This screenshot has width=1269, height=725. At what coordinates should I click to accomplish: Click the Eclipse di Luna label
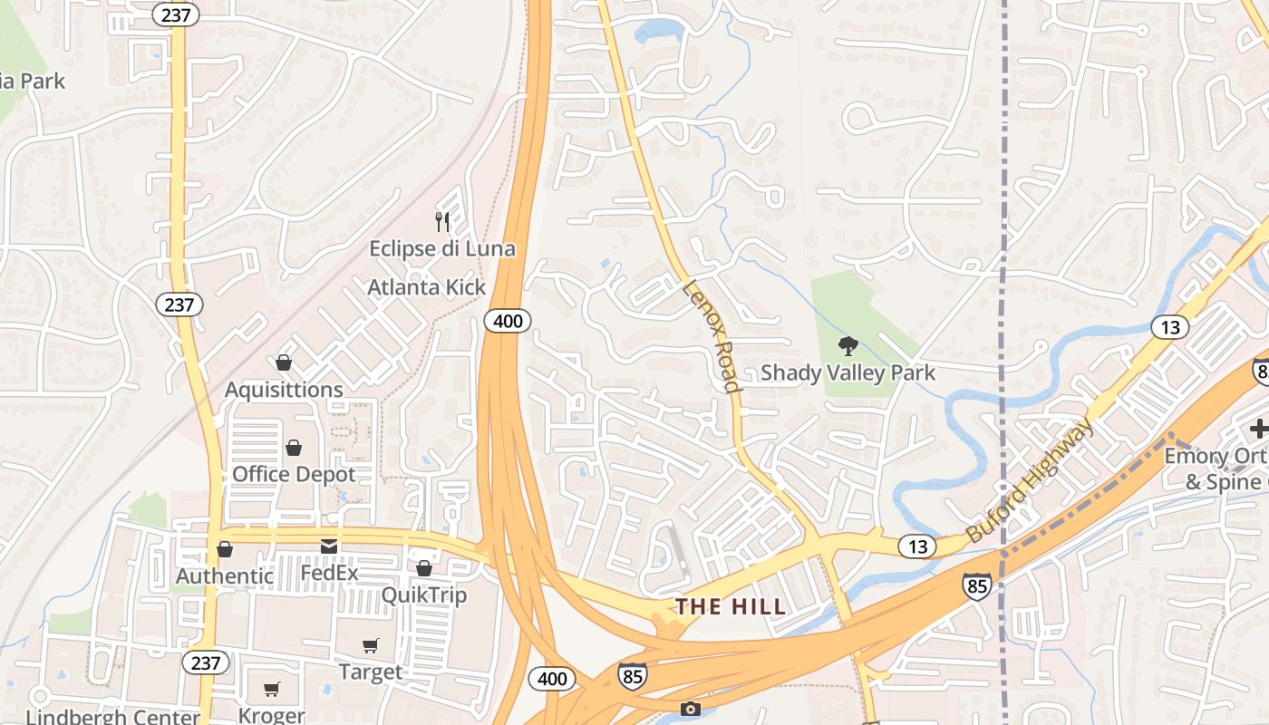(441, 248)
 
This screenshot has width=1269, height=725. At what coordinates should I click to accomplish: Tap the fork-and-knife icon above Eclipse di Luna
(442, 221)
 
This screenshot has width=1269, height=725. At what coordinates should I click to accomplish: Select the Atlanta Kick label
(426, 287)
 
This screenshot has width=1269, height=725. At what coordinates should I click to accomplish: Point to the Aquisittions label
(284, 390)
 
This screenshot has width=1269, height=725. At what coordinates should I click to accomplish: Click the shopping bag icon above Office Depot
(294, 448)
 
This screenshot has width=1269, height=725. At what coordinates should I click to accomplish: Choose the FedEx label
(329, 573)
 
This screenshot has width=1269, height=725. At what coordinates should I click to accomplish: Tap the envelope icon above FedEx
(328, 546)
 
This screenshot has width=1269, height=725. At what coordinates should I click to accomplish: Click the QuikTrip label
(423, 594)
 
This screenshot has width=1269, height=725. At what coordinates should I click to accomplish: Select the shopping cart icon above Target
(370, 646)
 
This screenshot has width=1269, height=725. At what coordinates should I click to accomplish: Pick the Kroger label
(271, 715)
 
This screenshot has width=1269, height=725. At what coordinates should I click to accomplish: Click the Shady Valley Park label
(848, 372)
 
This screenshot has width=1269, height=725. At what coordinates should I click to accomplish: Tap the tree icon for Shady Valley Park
(848, 345)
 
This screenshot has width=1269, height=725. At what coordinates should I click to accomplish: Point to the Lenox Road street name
(710, 335)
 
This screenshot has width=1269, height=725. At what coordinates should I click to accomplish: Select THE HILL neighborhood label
(731, 607)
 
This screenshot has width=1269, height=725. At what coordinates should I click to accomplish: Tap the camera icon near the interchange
(691, 709)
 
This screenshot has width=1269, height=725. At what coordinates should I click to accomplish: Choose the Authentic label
(224, 576)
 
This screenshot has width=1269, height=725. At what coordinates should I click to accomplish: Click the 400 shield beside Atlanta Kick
(507, 321)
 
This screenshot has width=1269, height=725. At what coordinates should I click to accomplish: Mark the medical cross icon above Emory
(1258, 430)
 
